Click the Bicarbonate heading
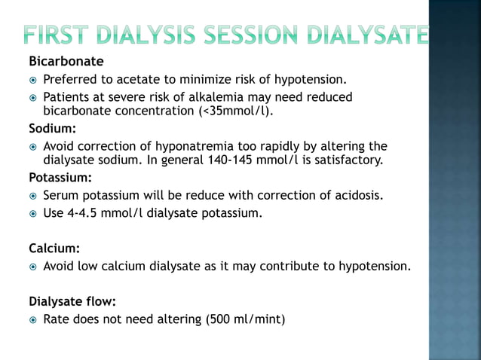[x=66, y=60]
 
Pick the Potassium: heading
[x=60, y=178]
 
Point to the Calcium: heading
[x=54, y=247]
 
